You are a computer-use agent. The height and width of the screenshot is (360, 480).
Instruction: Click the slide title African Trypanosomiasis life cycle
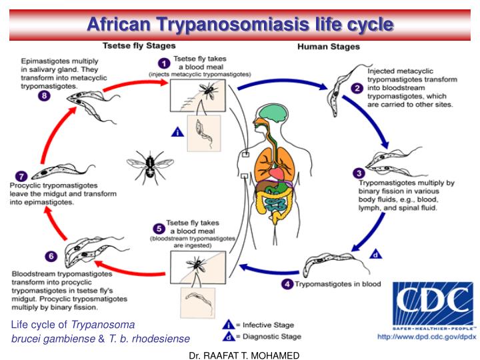click(240, 25)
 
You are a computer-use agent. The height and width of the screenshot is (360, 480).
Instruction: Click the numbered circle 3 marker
click(358, 172)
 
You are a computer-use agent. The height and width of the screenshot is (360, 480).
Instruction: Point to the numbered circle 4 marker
click(287, 284)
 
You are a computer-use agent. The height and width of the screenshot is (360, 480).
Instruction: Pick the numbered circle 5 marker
click(159, 228)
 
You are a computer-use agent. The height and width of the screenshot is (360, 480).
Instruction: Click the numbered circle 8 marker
click(43, 95)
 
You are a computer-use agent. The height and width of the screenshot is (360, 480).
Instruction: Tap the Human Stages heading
click(328, 47)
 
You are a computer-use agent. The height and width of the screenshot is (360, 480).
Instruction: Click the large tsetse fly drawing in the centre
click(149, 164)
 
